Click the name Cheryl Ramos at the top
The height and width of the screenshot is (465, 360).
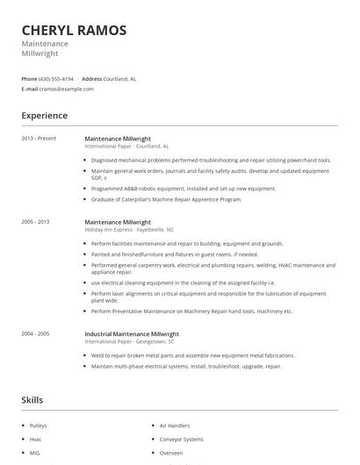pyautogui.click(x=74, y=30)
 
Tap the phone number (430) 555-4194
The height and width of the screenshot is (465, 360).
pyautogui.click(x=57, y=78)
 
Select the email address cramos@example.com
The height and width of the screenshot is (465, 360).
pyautogui.click(x=67, y=89)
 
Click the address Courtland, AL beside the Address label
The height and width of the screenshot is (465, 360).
pyautogui.click(x=119, y=78)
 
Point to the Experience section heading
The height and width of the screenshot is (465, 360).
pyautogui.click(x=45, y=116)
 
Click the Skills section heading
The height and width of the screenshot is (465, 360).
pyautogui.click(x=32, y=400)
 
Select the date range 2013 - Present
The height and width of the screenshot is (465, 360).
pyautogui.click(x=38, y=139)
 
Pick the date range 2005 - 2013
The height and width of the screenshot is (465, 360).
pyautogui.click(x=35, y=222)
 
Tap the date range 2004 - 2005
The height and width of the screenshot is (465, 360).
pyautogui.click(x=35, y=333)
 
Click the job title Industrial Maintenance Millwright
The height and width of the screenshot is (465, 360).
pyautogui.click(x=131, y=333)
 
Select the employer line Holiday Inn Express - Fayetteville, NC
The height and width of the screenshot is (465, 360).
pyautogui.click(x=131, y=229)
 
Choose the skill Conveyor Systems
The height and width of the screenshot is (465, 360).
pyautogui.click(x=181, y=438)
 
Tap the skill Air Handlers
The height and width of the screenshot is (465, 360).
pyautogui.click(x=175, y=425)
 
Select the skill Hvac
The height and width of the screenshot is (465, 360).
pyautogui.click(x=37, y=438)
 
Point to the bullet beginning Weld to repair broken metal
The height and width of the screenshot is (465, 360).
pyautogui.click(x=193, y=355)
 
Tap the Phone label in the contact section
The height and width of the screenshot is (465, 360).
pyautogui.click(x=29, y=78)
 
